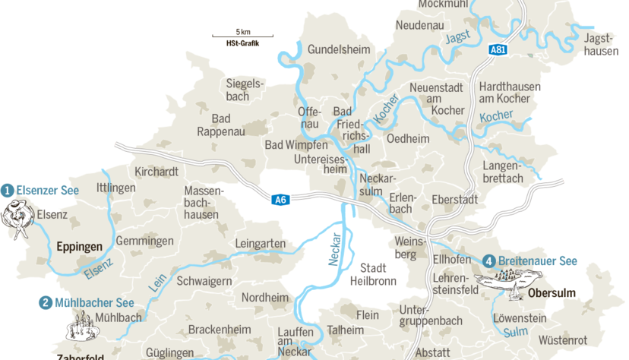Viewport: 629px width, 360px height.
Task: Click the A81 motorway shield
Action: coord(498,49)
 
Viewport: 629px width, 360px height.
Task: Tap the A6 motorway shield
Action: coord(280,200)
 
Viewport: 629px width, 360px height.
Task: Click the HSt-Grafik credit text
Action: coord(243,44)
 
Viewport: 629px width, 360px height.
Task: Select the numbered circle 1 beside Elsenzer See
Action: coord(8,190)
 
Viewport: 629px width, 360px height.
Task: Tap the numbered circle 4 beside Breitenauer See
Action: coord(489,261)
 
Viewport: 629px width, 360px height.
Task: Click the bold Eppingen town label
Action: coord(78,247)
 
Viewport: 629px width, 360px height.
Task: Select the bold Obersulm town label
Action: coord(552,293)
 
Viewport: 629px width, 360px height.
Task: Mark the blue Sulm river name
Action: coord(516,331)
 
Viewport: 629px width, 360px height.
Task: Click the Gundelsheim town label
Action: coord(339,49)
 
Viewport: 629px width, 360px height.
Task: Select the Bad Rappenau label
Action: coord(221,125)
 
